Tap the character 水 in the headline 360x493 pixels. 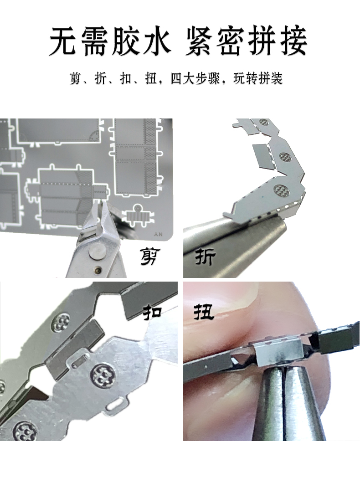click(156, 41)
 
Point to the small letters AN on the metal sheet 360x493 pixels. click(159, 234)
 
